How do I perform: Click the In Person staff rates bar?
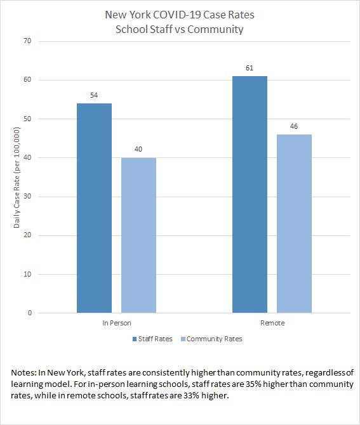tap(94, 208)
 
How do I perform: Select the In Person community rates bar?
tap(138, 235)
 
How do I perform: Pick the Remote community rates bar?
tap(294, 223)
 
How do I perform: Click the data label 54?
tap(94, 95)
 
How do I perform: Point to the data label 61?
tap(250, 68)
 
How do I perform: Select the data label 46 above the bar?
tap(294, 126)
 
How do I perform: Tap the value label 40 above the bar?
tap(138, 150)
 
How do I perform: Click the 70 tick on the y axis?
tap(27, 41)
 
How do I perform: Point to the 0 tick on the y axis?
tap(29, 313)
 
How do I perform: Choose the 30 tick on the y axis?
tap(27, 197)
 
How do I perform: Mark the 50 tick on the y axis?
tap(27, 119)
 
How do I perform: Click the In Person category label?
tap(116, 324)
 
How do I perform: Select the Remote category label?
tap(272, 324)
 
